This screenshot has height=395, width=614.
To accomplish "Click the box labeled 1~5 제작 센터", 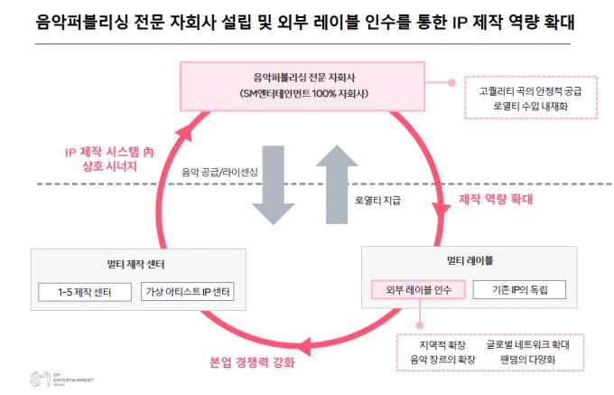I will click(85, 292).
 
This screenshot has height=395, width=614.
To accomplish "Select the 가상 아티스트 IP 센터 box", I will click(189, 292).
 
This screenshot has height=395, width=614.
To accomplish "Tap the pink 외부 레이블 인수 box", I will click(418, 290).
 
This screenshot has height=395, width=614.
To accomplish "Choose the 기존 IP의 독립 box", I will click(521, 290).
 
